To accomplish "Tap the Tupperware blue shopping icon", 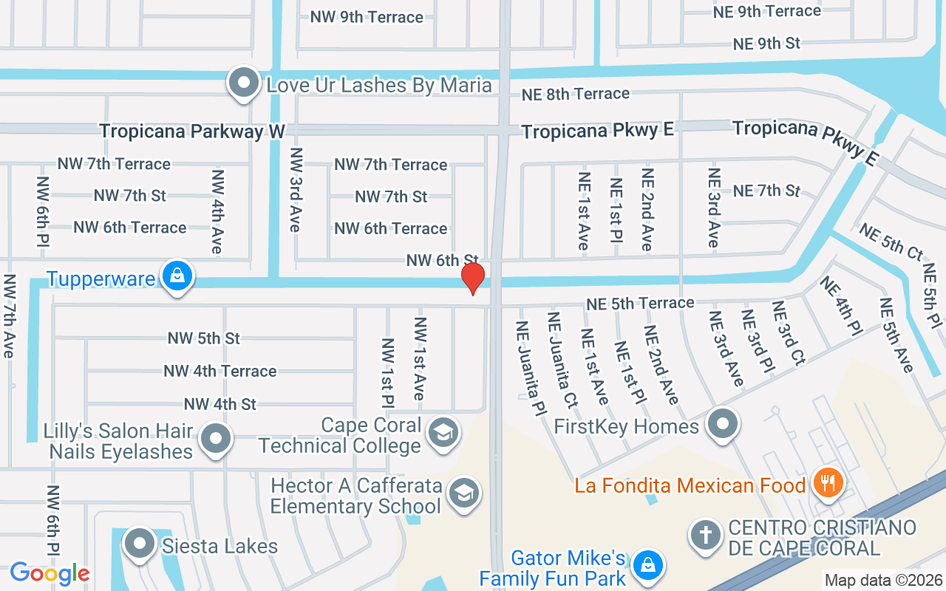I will pyautogui.click(x=177, y=276).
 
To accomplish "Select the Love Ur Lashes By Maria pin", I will pyautogui.click(x=243, y=84).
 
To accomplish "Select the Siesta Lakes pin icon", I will pyautogui.click(x=139, y=544).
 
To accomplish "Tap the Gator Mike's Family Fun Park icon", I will pyautogui.click(x=648, y=567).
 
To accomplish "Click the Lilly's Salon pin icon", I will pyautogui.click(x=216, y=440).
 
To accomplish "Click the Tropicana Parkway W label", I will pyautogui.click(x=192, y=131).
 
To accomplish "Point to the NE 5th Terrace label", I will pyautogui.click(x=640, y=303).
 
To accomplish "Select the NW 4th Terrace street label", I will pyautogui.click(x=220, y=371).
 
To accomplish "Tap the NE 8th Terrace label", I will pyautogui.click(x=576, y=94).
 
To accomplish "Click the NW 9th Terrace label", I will pyautogui.click(x=367, y=17).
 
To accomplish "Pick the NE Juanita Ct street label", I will pyautogui.click(x=562, y=360).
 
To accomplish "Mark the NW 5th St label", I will pyautogui.click(x=204, y=338).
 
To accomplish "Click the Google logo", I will pyautogui.click(x=50, y=573).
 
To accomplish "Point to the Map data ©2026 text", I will pyautogui.click(x=882, y=581).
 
